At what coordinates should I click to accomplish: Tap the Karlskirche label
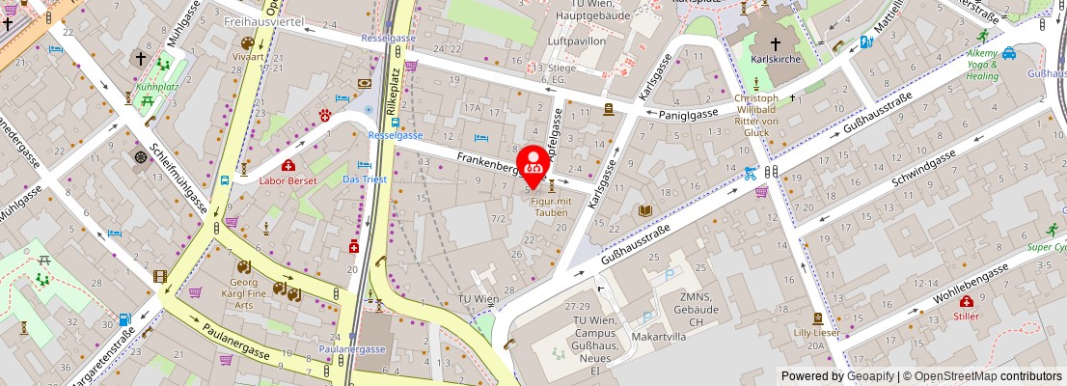(x=776, y=59)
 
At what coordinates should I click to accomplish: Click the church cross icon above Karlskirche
(x=776, y=42)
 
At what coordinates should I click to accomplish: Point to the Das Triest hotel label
(x=365, y=179)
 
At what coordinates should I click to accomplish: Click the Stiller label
(x=966, y=315)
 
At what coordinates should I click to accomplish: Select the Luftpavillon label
(x=575, y=41)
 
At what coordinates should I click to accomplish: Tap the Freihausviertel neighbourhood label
(x=262, y=20)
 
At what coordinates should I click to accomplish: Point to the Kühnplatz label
(x=158, y=85)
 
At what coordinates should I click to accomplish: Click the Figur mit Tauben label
(x=550, y=206)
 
